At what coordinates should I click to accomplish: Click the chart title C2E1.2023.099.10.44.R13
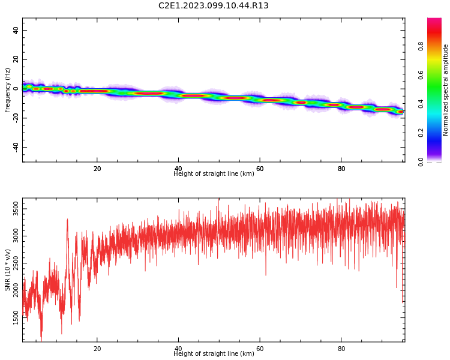pyautogui.click(x=213, y=5)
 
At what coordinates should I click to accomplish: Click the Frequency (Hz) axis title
pyautogui.click(x=7, y=90)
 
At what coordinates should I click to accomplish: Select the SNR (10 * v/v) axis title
pyautogui.click(x=7, y=270)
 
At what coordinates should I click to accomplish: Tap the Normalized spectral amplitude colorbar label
pyautogui.click(x=445, y=90)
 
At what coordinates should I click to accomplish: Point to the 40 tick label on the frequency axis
pyautogui.click(x=16, y=30)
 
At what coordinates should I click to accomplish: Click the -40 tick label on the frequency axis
pyautogui.click(x=16, y=147)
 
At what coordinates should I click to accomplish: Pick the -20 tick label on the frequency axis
pyautogui.click(x=16, y=118)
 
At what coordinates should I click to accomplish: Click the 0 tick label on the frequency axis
pyautogui.click(x=16, y=89)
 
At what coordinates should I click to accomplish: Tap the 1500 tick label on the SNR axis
pyautogui.click(x=16, y=317)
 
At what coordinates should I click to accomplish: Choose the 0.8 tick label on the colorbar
pyautogui.click(x=421, y=46)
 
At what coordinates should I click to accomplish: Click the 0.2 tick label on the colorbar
pyautogui.click(x=421, y=133)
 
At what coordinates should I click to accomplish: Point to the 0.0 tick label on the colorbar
pyautogui.click(x=421, y=161)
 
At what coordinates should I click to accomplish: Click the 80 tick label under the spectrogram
pyautogui.click(x=341, y=169)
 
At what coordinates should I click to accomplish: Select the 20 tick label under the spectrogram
pyautogui.click(x=97, y=169)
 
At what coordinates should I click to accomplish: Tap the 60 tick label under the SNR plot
pyautogui.click(x=260, y=349)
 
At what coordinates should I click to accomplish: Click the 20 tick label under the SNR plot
pyautogui.click(x=97, y=349)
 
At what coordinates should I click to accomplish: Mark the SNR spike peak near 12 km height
pyautogui.click(x=67, y=220)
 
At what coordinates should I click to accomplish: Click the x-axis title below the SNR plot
pyautogui.click(x=214, y=353)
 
